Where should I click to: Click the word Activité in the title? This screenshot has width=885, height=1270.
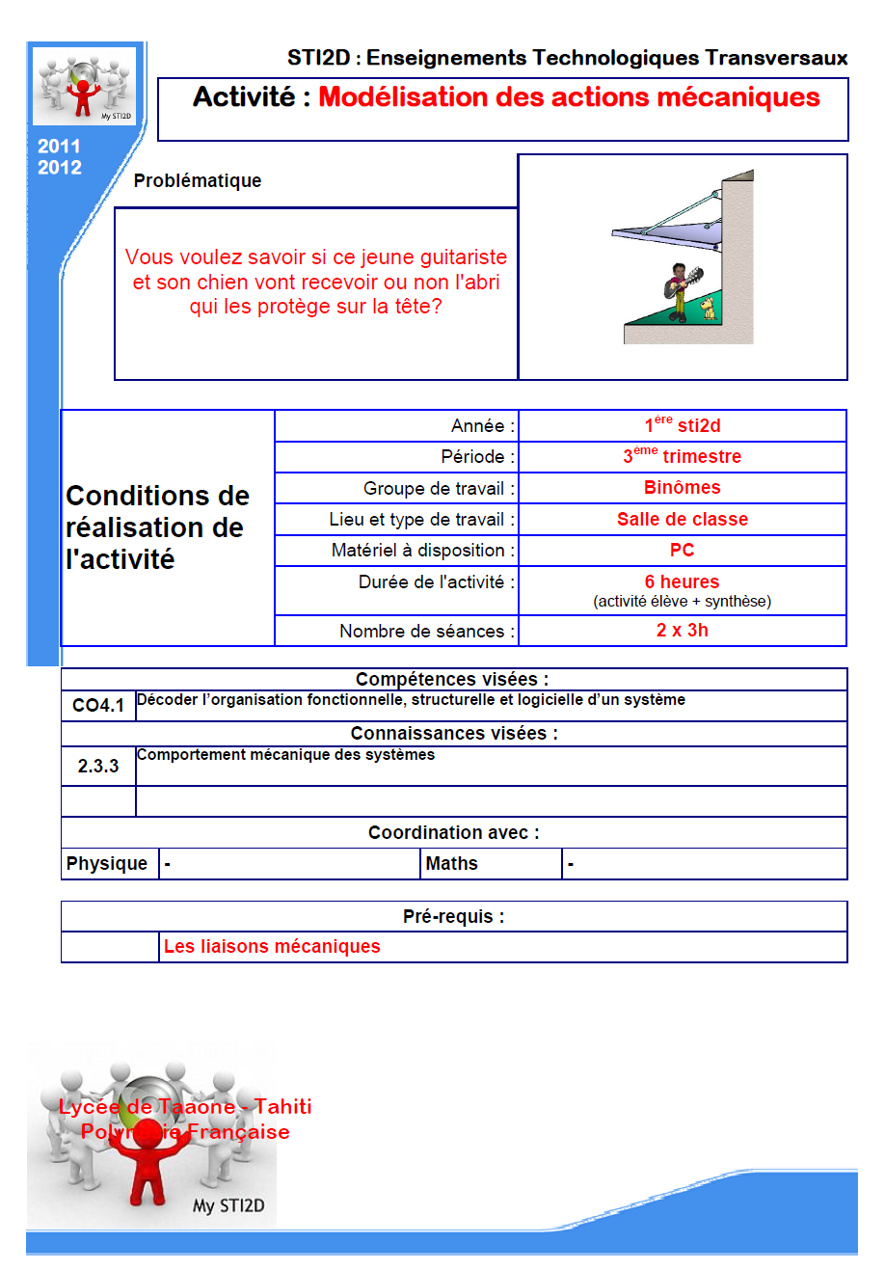(x=244, y=97)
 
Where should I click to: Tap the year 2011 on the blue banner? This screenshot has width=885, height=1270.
(x=59, y=147)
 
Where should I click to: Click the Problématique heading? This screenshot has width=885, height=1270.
(x=198, y=181)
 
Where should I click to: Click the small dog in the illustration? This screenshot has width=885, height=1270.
(x=709, y=309)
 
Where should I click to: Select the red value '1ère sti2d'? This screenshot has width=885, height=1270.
(x=683, y=425)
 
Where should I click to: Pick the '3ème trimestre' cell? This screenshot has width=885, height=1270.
(x=683, y=456)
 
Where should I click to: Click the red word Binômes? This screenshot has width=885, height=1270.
(x=683, y=488)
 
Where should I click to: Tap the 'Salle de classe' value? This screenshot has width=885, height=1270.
(x=683, y=520)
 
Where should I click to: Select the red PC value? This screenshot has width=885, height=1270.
(x=683, y=551)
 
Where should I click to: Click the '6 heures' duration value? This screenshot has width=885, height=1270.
(x=683, y=582)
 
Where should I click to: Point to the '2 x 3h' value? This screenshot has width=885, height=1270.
(x=683, y=631)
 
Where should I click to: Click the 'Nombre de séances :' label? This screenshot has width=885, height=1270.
(x=427, y=632)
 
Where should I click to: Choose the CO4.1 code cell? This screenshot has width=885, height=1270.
(x=98, y=706)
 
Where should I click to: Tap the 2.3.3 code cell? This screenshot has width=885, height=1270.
(x=98, y=767)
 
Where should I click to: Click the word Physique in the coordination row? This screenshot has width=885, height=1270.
(x=107, y=864)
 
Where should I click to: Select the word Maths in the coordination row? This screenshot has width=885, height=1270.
(x=452, y=864)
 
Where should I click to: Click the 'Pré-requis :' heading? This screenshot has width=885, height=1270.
(x=454, y=917)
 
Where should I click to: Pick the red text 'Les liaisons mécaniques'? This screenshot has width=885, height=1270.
(x=272, y=947)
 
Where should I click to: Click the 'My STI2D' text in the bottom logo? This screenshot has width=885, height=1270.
(x=228, y=1205)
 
